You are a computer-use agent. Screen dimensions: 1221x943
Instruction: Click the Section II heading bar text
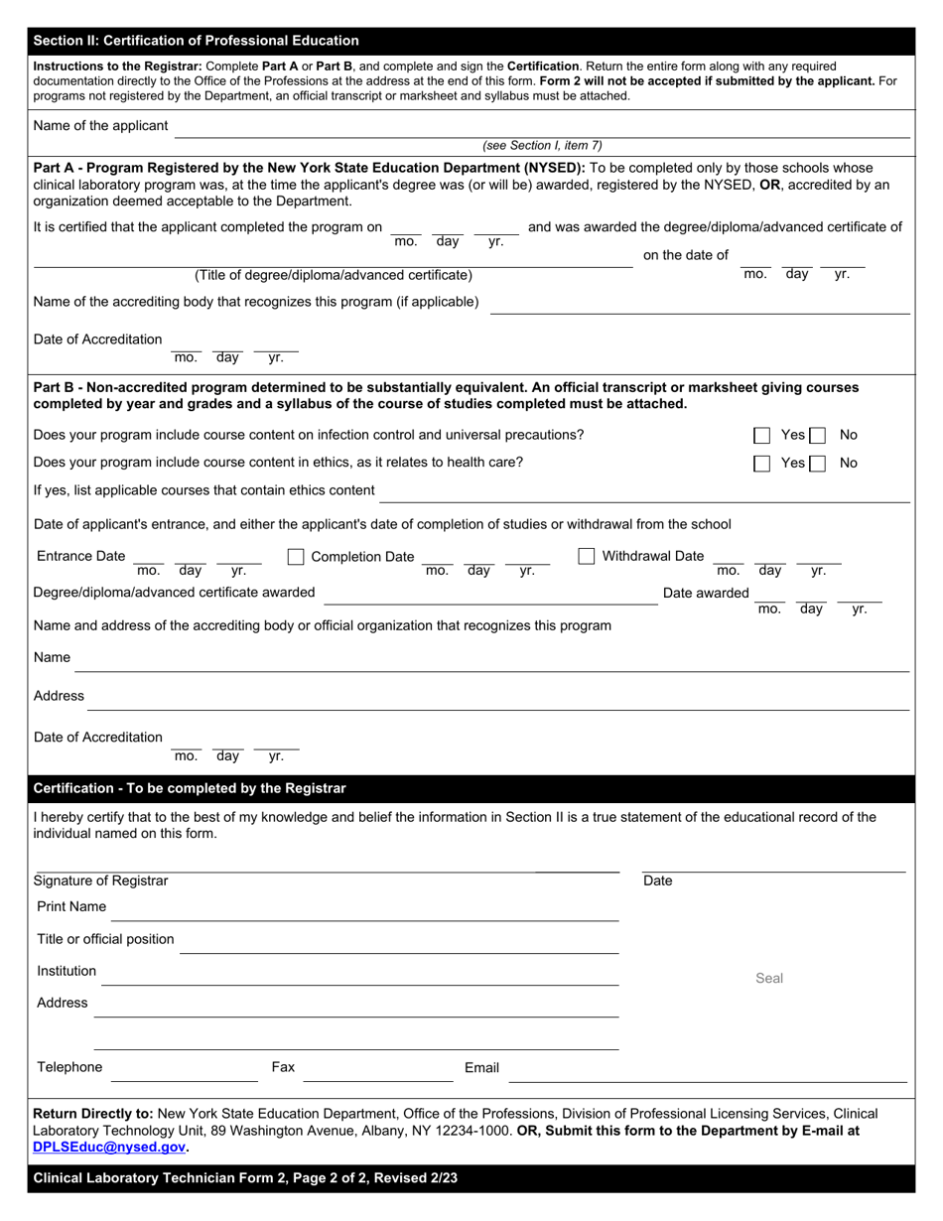[196, 41]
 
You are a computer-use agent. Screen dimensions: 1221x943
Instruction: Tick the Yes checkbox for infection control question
[761, 435]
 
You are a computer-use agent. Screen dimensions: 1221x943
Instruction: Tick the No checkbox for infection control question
[817, 435]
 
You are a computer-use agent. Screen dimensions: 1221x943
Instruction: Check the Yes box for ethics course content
[761, 463]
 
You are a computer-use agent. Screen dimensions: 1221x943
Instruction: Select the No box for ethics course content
[817, 463]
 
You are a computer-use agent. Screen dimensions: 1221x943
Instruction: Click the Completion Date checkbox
[295, 557]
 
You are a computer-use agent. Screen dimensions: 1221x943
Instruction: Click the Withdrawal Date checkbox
[586, 556]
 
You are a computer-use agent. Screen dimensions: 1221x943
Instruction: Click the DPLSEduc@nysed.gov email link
[109, 1147]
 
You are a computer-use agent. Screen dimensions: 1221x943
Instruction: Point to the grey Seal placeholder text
[769, 978]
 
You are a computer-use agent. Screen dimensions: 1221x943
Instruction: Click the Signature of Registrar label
[100, 881]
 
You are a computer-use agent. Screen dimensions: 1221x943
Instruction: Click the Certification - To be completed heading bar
[190, 788]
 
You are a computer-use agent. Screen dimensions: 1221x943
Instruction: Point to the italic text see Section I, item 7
[542, 145]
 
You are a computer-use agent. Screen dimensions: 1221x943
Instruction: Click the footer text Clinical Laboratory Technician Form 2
[245, 1178]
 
